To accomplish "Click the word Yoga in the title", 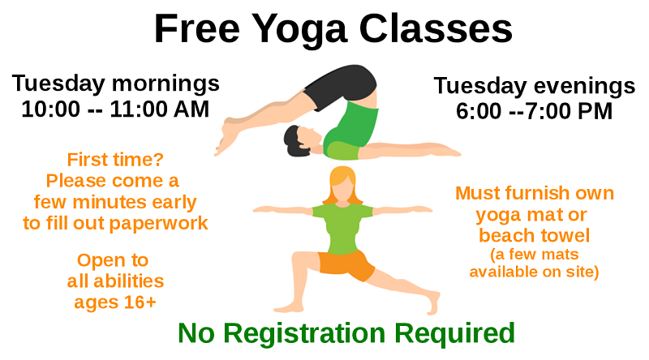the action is point(299,30).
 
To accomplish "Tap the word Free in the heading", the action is point(197,28).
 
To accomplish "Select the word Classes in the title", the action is point(436,28).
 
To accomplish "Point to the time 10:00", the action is point(50,109).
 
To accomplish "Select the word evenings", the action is point(584,87).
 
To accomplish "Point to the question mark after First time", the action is point(159,159).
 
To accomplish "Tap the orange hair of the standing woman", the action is point(342,184).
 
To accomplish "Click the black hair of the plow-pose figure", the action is point(294,142).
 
